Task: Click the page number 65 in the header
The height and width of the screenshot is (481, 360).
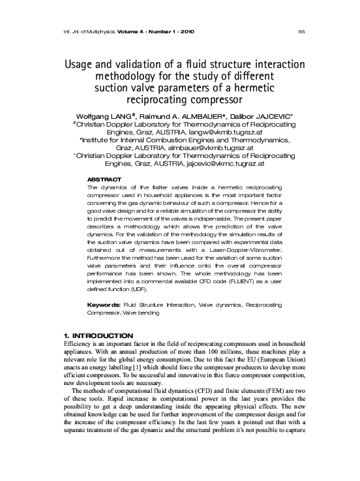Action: coord(301,31)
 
